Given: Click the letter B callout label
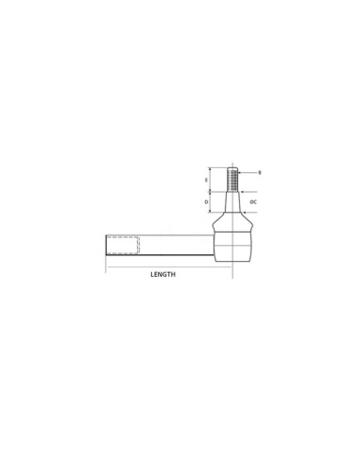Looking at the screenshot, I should (259, 173).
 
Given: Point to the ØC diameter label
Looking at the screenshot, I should (254, 201).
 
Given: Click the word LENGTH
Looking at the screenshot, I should (164, 274).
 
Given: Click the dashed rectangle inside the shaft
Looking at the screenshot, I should (123, 245).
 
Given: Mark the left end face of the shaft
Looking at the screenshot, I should (106, 245).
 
